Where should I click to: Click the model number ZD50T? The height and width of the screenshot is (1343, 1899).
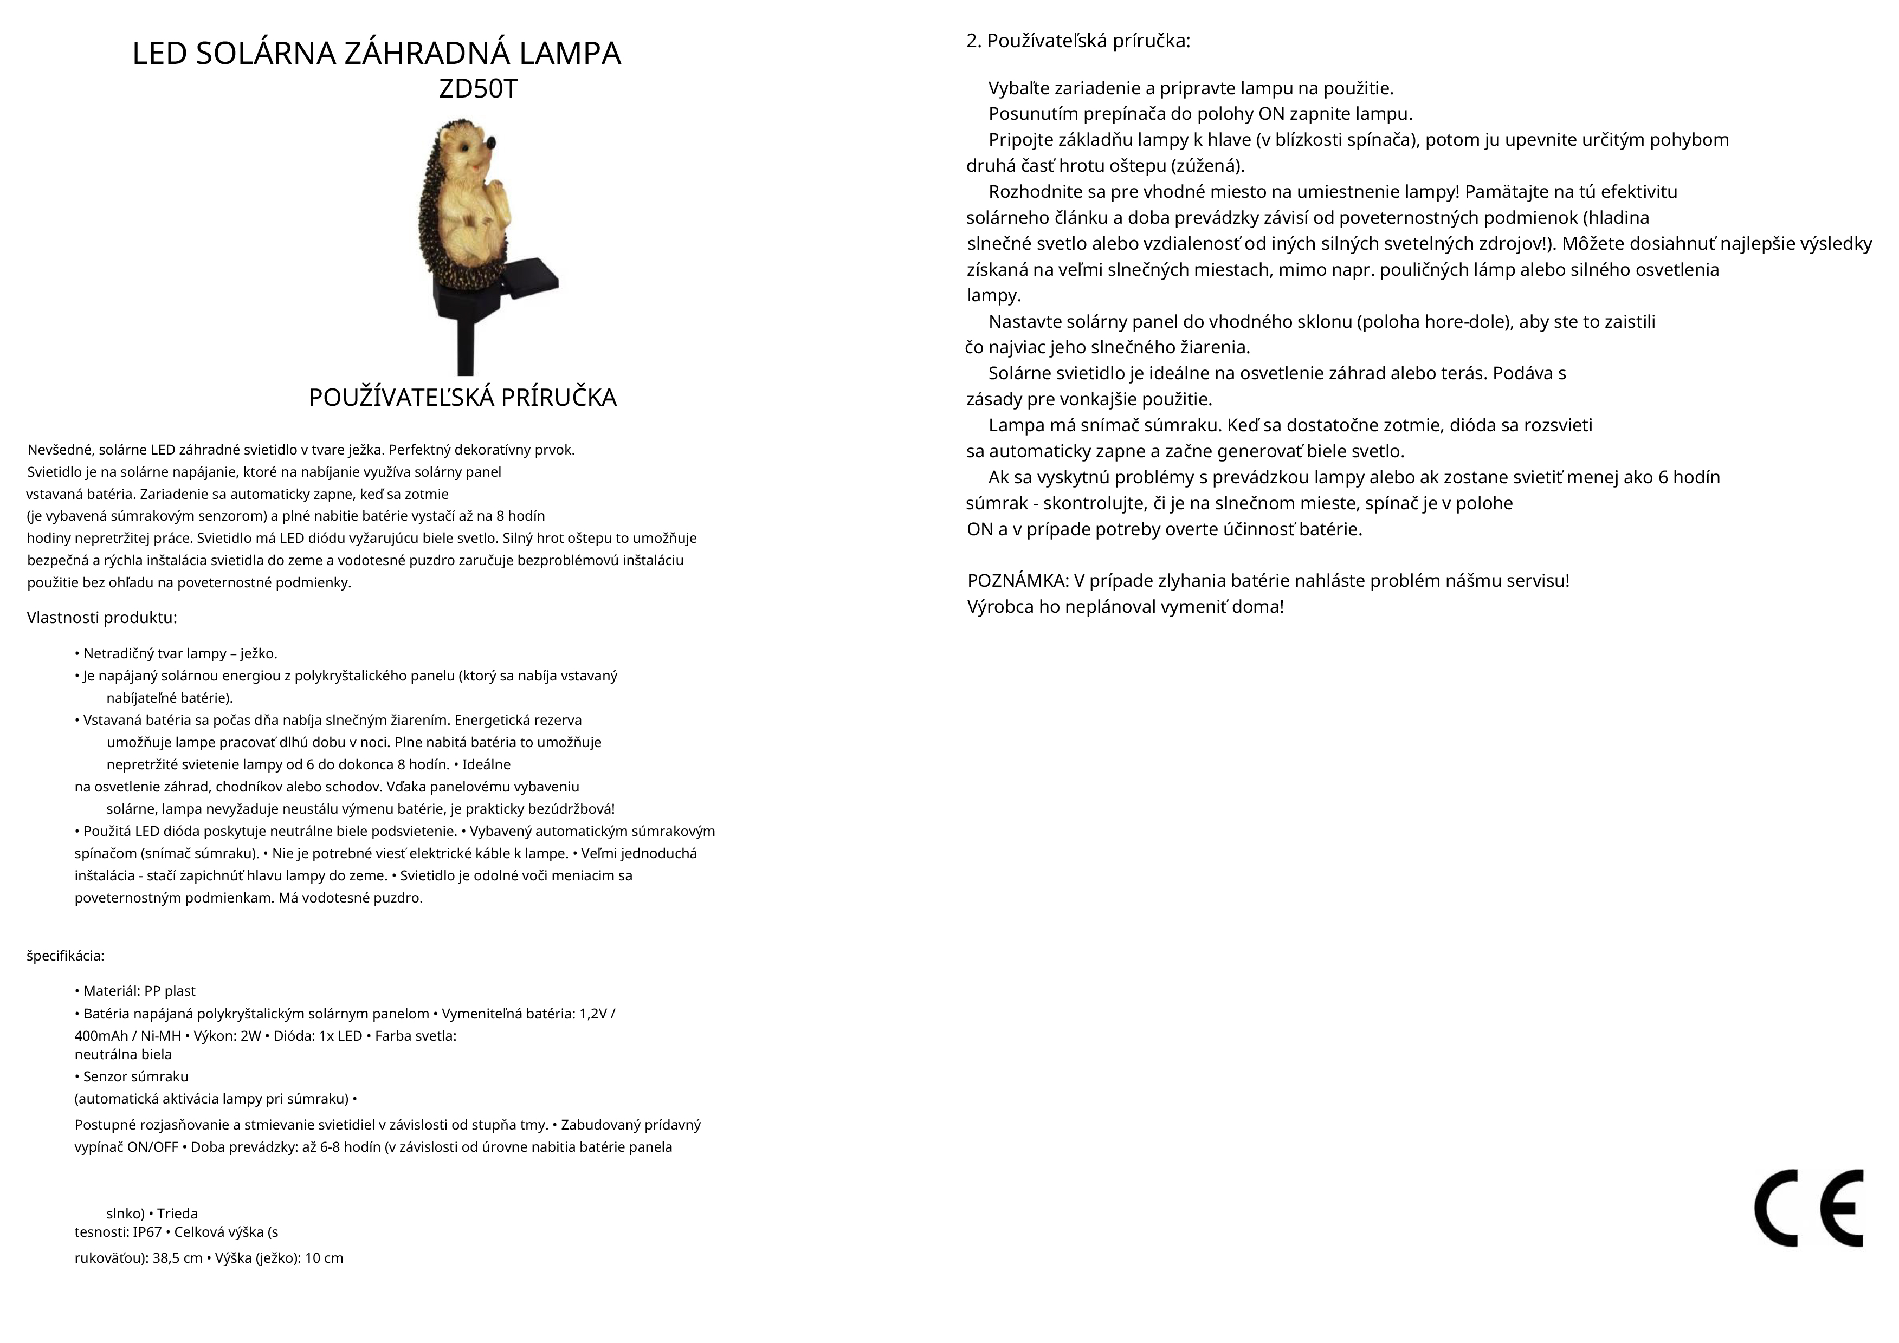pos(477,88)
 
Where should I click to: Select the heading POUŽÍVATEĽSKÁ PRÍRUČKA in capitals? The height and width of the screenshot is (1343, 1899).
pos(462,398)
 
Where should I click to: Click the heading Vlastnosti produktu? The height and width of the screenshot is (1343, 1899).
pos(102,618)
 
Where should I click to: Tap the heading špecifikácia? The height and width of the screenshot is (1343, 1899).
pos(66,956)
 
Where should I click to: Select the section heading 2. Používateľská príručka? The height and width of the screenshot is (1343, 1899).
pos(1078,41)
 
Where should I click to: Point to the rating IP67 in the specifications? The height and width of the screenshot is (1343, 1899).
pos(147,1232)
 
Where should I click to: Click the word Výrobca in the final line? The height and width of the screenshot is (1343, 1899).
pos(1000,607)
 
